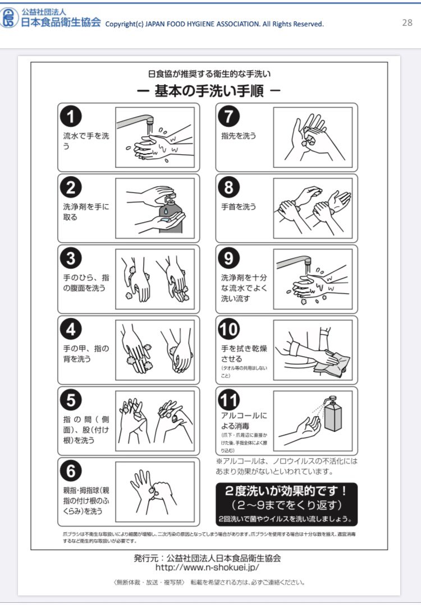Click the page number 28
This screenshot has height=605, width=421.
coord(407,23)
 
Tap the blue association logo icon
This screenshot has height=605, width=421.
coord(9,18)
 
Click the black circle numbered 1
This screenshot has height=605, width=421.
coord(71,117)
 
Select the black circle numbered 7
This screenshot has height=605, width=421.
coord(229,117)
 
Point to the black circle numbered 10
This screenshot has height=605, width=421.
coord(229,329)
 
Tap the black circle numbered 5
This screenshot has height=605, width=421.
coord(71,400)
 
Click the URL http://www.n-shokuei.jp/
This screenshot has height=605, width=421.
coord(207,567)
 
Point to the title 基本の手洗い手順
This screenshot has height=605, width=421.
coord(209,91)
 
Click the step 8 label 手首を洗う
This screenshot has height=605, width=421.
coord(239,206)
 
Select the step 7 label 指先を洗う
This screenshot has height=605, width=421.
coord(239,136)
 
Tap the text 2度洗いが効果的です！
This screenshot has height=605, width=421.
coord(286,491)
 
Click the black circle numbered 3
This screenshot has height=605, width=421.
coord(71,258)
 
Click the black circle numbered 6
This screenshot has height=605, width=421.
coord(71,471)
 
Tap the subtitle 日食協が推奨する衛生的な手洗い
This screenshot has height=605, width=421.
coord(209,73)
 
